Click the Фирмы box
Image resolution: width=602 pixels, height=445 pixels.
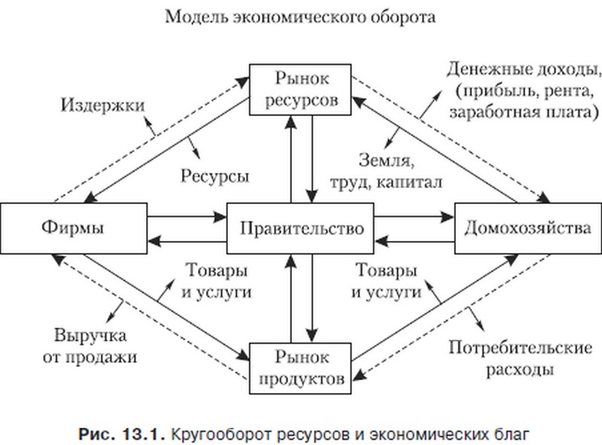click(74, 228)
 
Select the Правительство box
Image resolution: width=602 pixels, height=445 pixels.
click(300, 228)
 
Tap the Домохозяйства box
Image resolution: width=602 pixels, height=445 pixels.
click(528, 228)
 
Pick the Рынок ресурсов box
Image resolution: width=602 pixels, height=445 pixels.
click(300, 90)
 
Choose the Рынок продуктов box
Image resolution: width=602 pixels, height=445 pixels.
click(300, 368)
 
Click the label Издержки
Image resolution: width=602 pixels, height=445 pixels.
click(103, 105)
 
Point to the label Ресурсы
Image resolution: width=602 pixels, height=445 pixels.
click(215, 176)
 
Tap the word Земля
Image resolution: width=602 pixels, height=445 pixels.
click(387, 160)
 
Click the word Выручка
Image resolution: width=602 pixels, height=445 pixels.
click(90, 336)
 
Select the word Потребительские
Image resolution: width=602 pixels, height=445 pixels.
click(520, 347)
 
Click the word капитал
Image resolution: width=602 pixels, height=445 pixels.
click(409, 181)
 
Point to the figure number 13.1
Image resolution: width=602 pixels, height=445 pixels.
click(144, 434)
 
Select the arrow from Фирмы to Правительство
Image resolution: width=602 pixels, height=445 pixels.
click(187, 217)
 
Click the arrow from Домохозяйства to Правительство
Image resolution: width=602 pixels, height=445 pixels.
click(415, 242)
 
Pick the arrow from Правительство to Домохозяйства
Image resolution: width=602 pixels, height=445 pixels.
click(415, 217)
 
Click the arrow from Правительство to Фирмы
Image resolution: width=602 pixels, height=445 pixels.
click(187, 242)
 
